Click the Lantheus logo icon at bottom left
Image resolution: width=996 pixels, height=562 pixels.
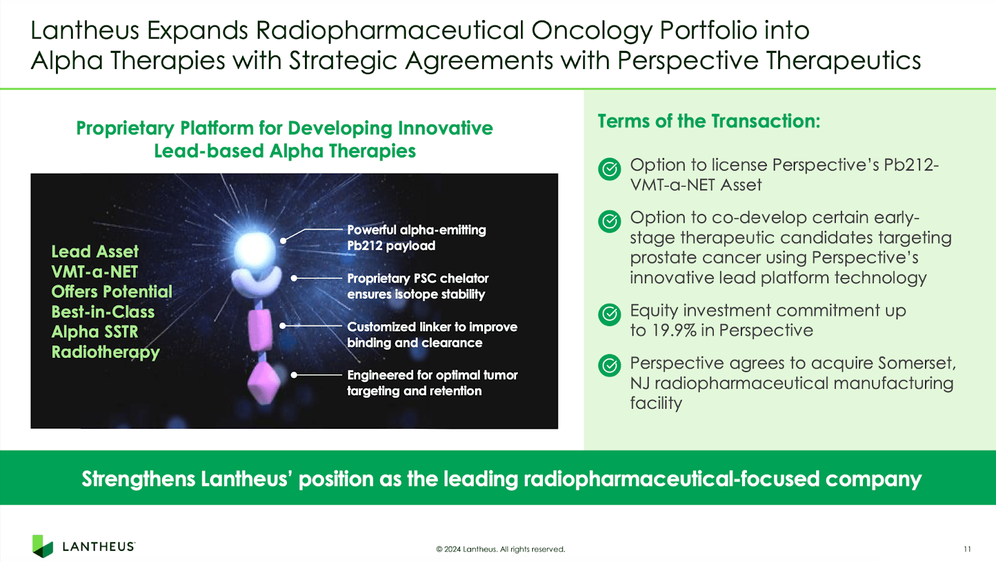42,546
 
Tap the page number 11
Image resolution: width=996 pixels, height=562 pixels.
967,549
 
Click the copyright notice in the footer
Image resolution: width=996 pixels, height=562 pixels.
500,549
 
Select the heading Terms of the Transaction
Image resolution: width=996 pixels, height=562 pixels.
708,121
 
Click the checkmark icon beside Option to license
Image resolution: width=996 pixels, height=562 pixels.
609,169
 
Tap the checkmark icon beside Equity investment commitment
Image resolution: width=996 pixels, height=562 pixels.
609,314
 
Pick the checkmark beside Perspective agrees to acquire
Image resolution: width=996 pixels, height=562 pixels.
609,366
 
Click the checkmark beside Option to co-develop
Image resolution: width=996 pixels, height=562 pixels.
609,221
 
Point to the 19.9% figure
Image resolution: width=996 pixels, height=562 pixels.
674,330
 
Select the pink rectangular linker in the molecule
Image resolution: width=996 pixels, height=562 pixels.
260,330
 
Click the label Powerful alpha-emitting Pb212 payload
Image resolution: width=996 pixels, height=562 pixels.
416,238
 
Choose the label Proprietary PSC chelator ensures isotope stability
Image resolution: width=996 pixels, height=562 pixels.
417,286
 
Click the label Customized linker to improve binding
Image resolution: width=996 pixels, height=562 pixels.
431,335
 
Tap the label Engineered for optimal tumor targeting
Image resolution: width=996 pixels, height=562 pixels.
431,383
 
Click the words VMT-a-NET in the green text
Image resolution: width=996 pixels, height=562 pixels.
95,272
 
